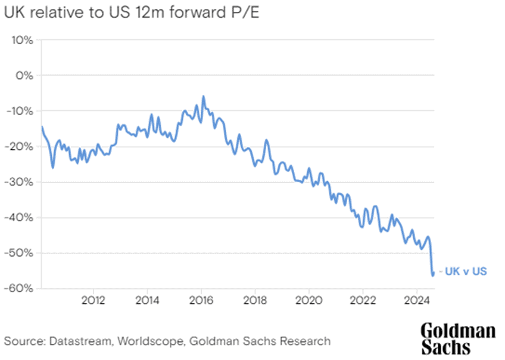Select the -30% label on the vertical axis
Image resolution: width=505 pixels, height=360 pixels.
(x=20, y=182)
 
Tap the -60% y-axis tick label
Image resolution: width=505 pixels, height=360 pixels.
(x=20, y=288)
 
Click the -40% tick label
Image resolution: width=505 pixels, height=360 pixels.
(x=20, y=217)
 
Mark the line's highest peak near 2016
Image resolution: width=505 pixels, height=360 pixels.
(x=203, y=96)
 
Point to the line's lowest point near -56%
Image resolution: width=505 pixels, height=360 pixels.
(x=432, y=275)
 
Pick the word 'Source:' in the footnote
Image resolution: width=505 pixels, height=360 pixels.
(x=22, y=341)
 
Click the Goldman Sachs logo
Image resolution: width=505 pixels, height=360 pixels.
(x=457, y=339)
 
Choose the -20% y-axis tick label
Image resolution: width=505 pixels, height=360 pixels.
(x=20, y=147)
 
